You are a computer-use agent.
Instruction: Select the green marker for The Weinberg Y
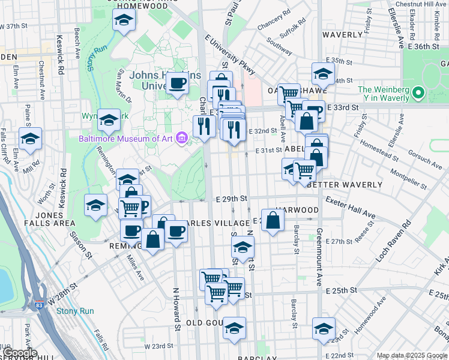click(x=418, y=93)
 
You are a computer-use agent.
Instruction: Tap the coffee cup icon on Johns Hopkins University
click(x=177, y=83)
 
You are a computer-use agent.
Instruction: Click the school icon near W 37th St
click(x=124, y=21)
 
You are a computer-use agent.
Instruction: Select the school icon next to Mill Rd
click(x=30, y=140)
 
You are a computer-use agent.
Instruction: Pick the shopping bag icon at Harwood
click(x=273, y=221)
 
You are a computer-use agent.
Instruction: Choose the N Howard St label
click(x=177, y=309)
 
